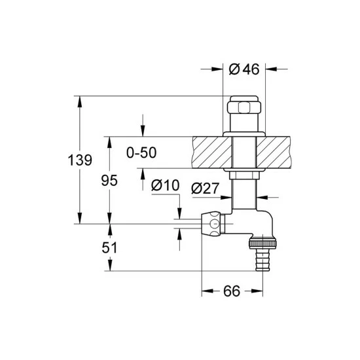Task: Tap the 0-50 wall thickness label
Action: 142,153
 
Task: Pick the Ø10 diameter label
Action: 164,185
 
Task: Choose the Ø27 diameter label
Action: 205,189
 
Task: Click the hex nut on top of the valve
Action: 244,107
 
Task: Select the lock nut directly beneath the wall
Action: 244,174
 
